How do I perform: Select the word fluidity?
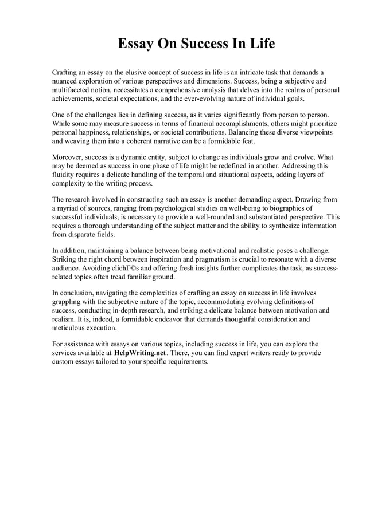[x=63, y=175]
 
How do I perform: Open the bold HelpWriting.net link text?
[x=140, y=353]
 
